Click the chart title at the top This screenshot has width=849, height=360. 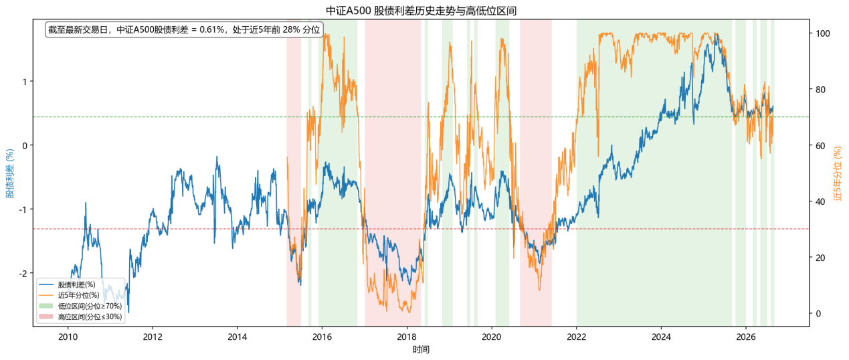click(421, 11)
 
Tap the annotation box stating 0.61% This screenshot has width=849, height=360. click(184, 29)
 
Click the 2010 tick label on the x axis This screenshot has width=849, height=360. click(68, 337)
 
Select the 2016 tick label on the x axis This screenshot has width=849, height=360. click(322, 337)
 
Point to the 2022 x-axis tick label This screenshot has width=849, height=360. click(577, 337)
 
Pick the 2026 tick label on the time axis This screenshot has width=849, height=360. click(746, 337)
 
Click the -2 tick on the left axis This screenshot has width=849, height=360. click(23, 273)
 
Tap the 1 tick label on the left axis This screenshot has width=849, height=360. click(25, 82)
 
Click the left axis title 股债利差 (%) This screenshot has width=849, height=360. click(10, 173)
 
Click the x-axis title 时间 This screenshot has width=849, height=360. click(421, 349)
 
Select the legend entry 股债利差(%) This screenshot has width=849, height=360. click(76, 284)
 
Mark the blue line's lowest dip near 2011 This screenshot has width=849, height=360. click(128, 312)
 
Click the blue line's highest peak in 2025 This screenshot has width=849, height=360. click(716, 33)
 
